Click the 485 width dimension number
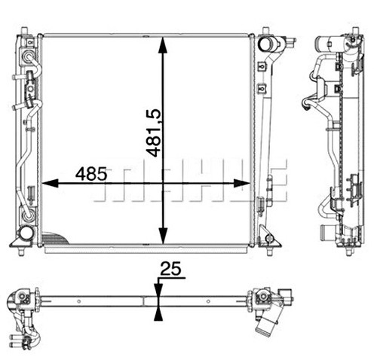[91, 174]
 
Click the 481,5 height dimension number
[153, 133]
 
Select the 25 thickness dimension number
[170, 268]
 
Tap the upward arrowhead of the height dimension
[163, 45]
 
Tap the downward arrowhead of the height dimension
[163, 235]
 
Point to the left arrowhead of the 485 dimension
[50, 183]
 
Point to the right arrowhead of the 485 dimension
[242, 183]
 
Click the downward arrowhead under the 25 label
[158, 291]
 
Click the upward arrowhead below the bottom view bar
[158, 314]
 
